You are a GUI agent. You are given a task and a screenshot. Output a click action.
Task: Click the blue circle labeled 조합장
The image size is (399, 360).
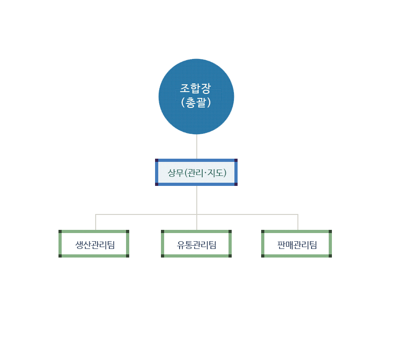196,97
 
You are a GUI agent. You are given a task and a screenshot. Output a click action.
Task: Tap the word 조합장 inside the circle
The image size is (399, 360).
195,88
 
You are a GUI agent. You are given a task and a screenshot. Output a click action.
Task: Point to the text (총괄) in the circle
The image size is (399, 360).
196,102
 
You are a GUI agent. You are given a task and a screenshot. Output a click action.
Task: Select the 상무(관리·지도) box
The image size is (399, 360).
196,172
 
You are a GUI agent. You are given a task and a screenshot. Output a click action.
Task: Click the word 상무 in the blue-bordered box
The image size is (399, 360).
175,173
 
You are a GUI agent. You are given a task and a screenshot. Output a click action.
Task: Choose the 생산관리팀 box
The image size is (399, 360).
94,244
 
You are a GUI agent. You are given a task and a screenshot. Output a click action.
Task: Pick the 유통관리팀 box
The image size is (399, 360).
196,244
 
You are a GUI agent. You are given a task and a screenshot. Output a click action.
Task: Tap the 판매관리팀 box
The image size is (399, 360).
297,244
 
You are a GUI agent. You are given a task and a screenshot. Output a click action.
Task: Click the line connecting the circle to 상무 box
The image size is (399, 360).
197,146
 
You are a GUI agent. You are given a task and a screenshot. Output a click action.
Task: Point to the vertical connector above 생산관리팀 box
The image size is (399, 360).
96,222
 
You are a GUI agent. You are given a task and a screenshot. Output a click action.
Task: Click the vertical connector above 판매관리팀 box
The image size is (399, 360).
298,222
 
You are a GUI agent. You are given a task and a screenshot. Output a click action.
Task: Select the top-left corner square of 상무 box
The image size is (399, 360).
157,161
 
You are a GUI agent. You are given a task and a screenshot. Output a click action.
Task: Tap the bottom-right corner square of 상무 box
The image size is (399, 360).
236,184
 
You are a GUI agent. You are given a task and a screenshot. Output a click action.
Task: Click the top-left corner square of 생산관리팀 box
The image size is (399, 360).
60,232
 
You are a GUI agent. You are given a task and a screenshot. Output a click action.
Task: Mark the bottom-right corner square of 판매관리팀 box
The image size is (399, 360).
330,256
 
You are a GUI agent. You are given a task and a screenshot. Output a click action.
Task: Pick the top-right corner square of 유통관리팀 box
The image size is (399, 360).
230,232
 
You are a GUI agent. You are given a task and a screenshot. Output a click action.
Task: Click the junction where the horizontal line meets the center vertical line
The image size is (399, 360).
197,214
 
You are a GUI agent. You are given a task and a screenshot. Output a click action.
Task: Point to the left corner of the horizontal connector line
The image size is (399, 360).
96,214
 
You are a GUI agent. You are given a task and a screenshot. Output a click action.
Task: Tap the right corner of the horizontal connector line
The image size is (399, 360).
298,214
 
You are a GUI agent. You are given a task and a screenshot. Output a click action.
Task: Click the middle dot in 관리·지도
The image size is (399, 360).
205,173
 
